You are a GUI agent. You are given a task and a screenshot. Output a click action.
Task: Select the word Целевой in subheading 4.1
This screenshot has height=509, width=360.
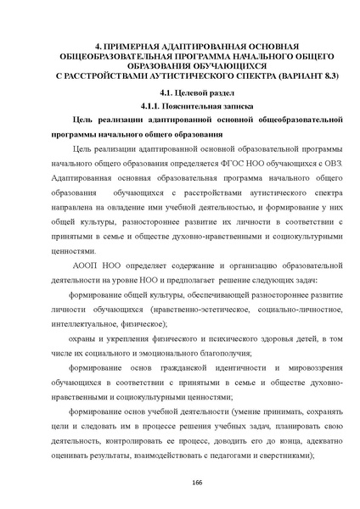(x=174, y=93)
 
